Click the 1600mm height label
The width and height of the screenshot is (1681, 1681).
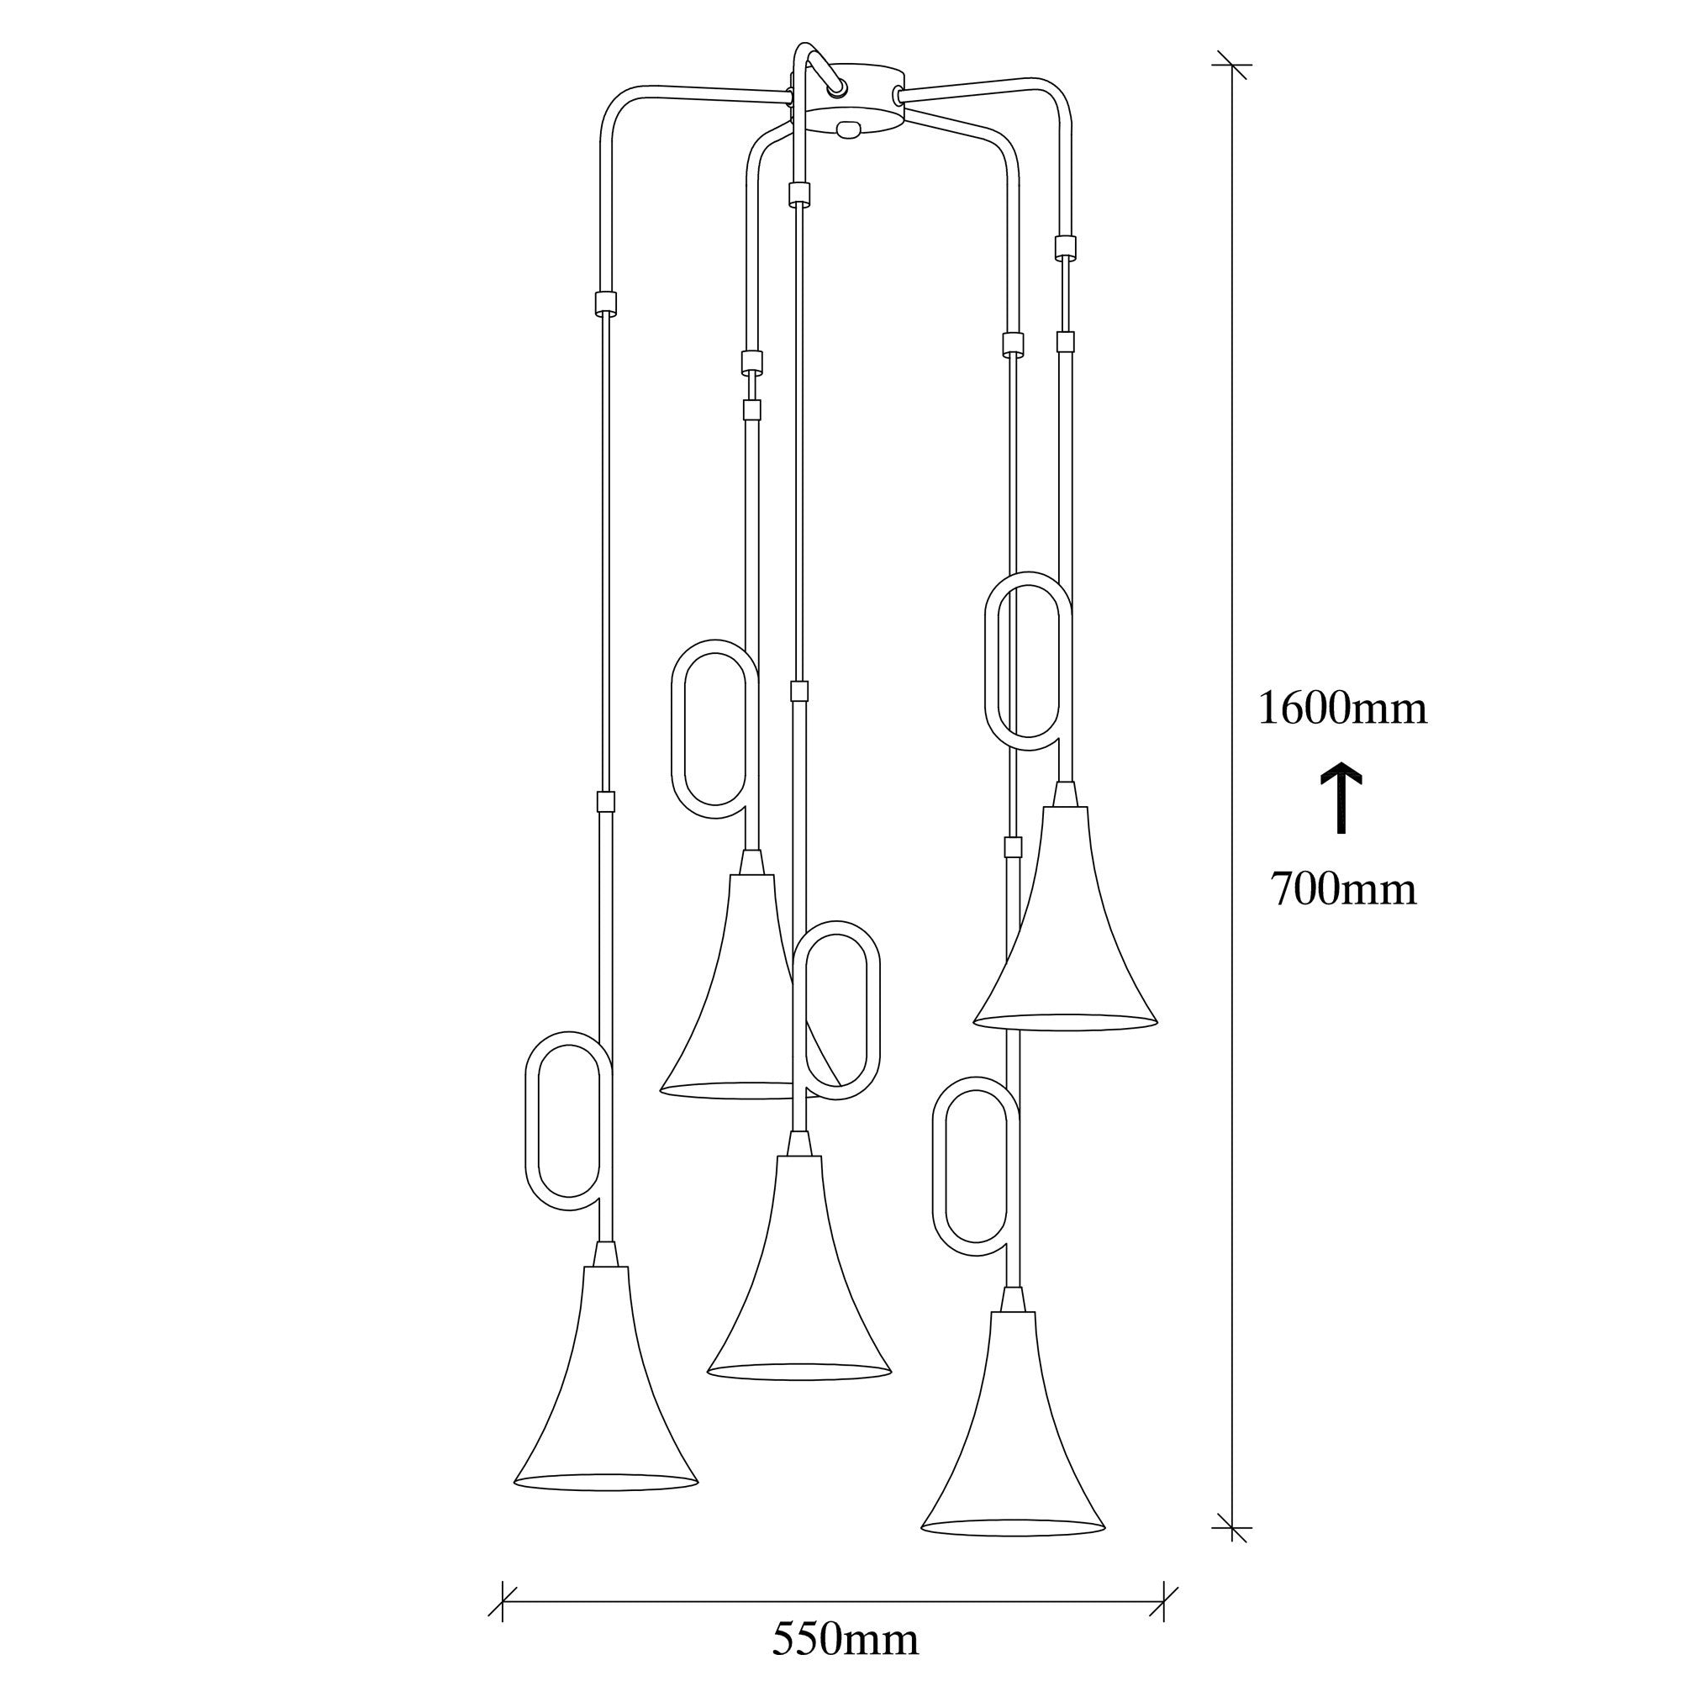click(x=1342, y=709)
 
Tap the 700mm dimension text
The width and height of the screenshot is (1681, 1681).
click(x=1343, y=889)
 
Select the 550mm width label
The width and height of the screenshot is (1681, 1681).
click(x=845, y=1639)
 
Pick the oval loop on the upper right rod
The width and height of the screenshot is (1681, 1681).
click(x=1027, y=661)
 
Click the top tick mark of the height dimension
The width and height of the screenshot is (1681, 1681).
click(x=1233, y=66)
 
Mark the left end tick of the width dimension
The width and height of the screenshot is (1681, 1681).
click(x=503, y=1600)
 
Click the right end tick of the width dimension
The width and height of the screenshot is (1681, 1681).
click(x=1164, y=1600)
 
